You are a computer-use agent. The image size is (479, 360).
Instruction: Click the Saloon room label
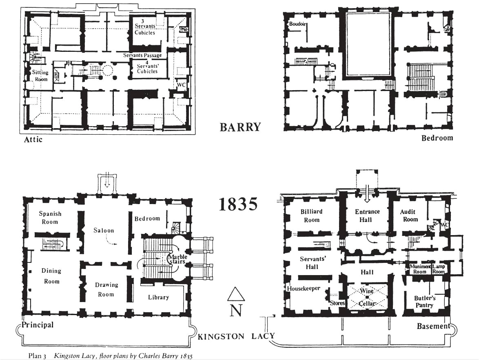click(x=104, y=231)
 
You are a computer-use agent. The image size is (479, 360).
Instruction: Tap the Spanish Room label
click(x=50, y=218)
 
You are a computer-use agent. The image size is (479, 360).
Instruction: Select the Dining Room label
click(x=51, y=276)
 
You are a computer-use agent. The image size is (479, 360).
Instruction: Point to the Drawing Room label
click(x=106, y=289)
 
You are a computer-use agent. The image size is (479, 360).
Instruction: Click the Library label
click(x=158, y=297)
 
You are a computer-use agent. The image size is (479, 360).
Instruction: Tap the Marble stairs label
click(x=177, y=259)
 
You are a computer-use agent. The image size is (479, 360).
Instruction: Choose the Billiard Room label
click(x=311, y=216)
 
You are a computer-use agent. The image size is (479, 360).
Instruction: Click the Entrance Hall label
click(x=367, y=216)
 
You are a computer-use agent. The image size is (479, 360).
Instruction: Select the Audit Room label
click(x=409, y=216)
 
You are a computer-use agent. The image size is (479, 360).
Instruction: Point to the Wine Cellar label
click(x=366, y=298)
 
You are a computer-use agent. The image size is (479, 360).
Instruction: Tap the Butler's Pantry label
click(x=424, y=302)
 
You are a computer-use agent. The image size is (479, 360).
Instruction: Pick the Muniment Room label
click(x=420, y=269)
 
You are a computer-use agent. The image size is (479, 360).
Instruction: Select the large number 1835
click(x=238, y=204)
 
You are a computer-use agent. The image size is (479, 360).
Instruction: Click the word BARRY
click(x=240, y=127)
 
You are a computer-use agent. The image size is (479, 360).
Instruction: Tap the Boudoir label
click(x=297, y=24)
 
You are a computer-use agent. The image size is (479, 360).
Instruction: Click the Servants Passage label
click(x=142, y=55)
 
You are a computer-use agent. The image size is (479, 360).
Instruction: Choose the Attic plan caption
click(x=33, y=140)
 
